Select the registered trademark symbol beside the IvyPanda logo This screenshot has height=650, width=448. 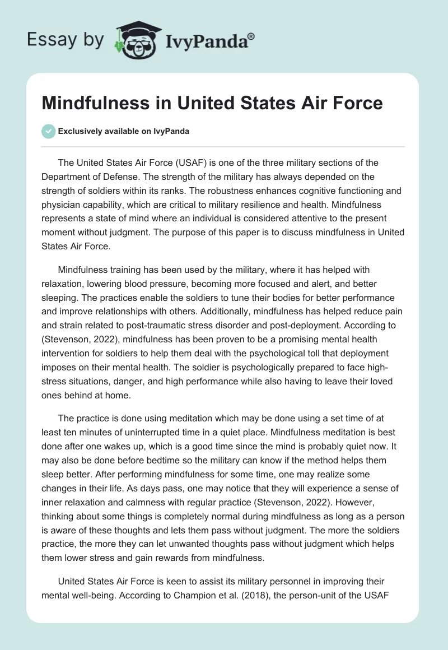tap(251, 35)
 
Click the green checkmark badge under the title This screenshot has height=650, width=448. tap(48, 131)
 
